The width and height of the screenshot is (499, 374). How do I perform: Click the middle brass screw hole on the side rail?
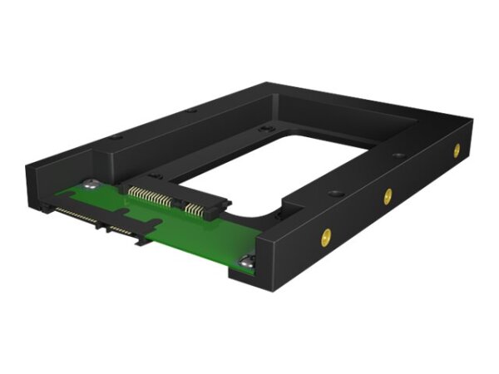pyautogui.click(x=388, y=195)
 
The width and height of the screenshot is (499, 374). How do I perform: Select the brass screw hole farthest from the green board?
pyautogui.click(x=456, y=150)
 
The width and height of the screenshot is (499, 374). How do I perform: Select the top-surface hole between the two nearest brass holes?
pyautogui.click(x=336, y=194)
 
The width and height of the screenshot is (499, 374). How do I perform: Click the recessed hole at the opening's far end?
pyautogui.click(x=264, y=130)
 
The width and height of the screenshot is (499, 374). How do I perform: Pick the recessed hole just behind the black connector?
pyautogui.click(x=155, y=176)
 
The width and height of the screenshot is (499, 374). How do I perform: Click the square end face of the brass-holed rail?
pyautogui.click(x=274, y=258)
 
